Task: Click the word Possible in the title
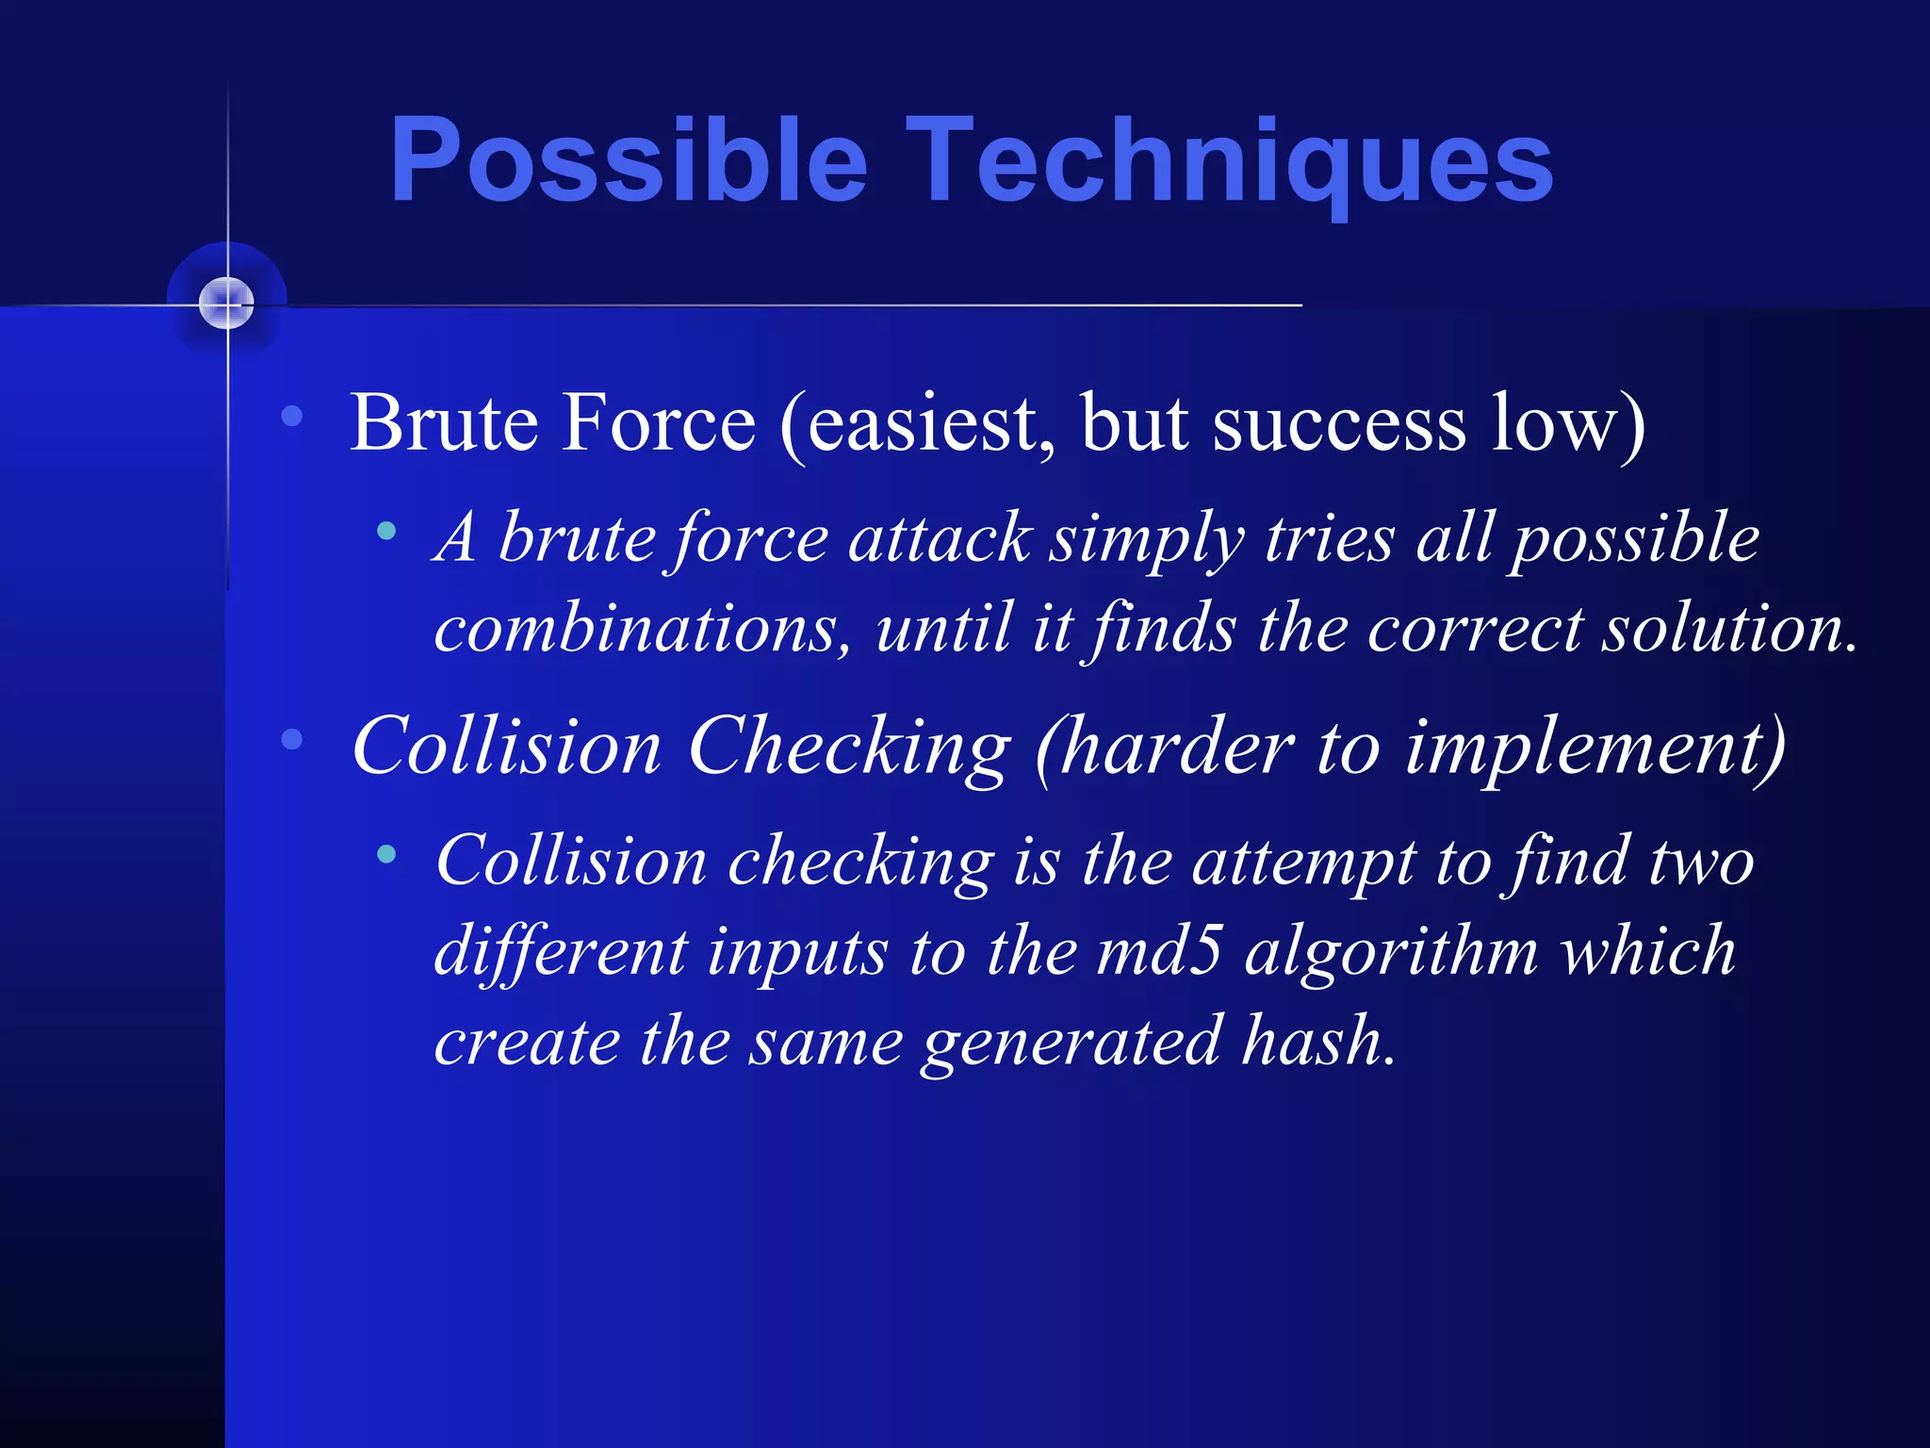coord(628,160)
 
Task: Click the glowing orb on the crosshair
coord(227,304)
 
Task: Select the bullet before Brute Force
coord(292,416)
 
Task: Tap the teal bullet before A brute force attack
coord(385,532)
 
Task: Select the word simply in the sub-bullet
coord(1147,539)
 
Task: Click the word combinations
coord(641,629)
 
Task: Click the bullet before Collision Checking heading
coord(292,739)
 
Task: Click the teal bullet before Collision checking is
coord(385,855)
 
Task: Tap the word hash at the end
coord(1316,1041)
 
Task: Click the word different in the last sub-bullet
coord(561,951)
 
